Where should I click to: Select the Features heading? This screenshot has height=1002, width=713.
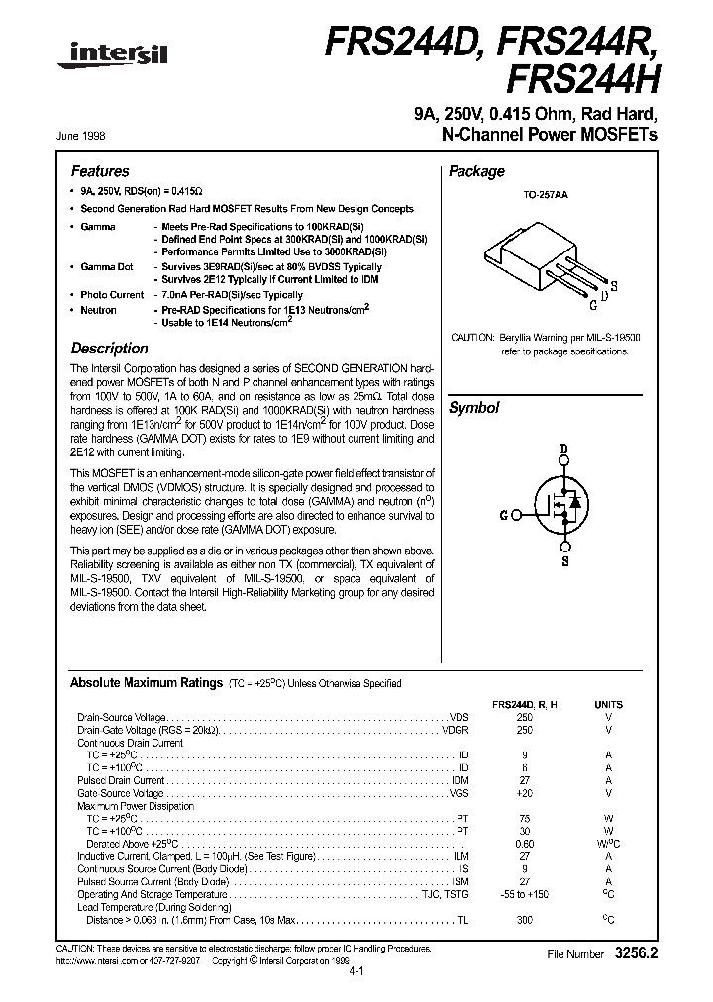[x=100, y=171]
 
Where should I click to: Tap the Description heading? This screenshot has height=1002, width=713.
[x=109, y=349]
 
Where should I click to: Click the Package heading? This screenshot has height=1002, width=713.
[x=477, y=171]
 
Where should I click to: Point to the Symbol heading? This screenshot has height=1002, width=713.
[x=474, y=408]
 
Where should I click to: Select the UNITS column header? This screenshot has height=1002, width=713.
[x=608, y=704]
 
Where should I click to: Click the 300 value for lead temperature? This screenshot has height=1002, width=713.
[x=524, y=920]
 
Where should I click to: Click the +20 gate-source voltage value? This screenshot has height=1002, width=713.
[x=524, y=794]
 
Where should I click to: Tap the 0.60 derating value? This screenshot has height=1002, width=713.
[x=524, y=843]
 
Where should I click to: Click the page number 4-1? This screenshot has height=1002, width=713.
[x=357, y=972]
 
